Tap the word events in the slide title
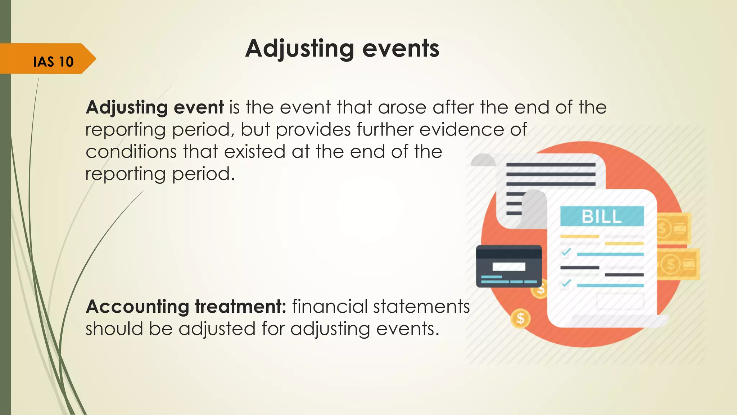401,49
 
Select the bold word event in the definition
199,107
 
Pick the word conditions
131,152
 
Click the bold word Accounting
137,307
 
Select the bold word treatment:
240,307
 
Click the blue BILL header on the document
602,216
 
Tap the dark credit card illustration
508,266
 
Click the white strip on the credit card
509,267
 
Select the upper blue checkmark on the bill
566,251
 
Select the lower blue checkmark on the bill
566,283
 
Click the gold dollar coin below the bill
520,318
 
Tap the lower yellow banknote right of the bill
678,264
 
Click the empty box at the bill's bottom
620,301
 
